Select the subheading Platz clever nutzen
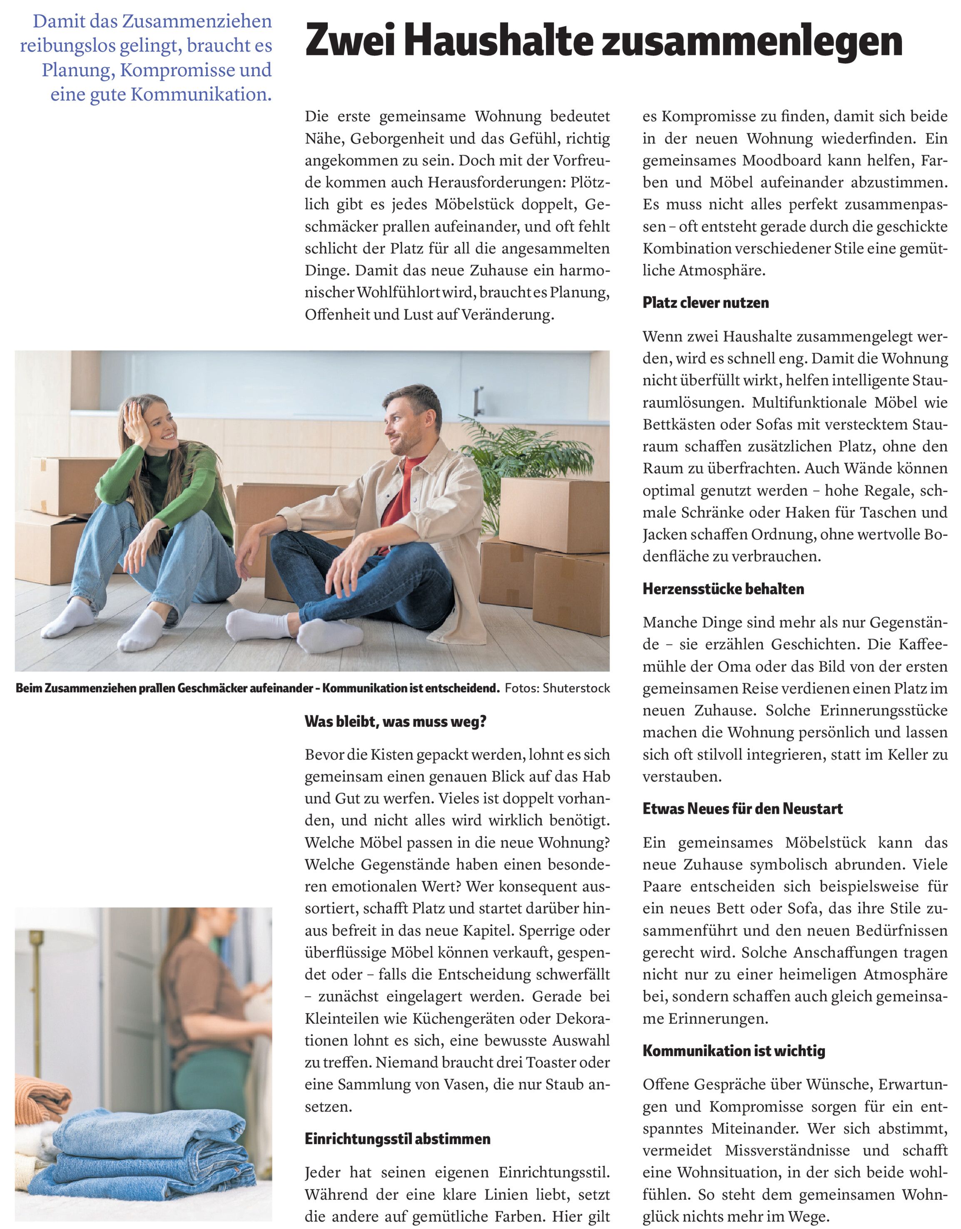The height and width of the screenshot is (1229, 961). (706, 303)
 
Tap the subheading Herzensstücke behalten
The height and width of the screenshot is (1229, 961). (723, 589)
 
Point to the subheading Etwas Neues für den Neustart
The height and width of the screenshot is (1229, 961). (742, 809)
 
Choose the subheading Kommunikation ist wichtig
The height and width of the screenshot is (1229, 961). (734, 1051)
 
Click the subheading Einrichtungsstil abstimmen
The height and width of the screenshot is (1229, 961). (397, 1139)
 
